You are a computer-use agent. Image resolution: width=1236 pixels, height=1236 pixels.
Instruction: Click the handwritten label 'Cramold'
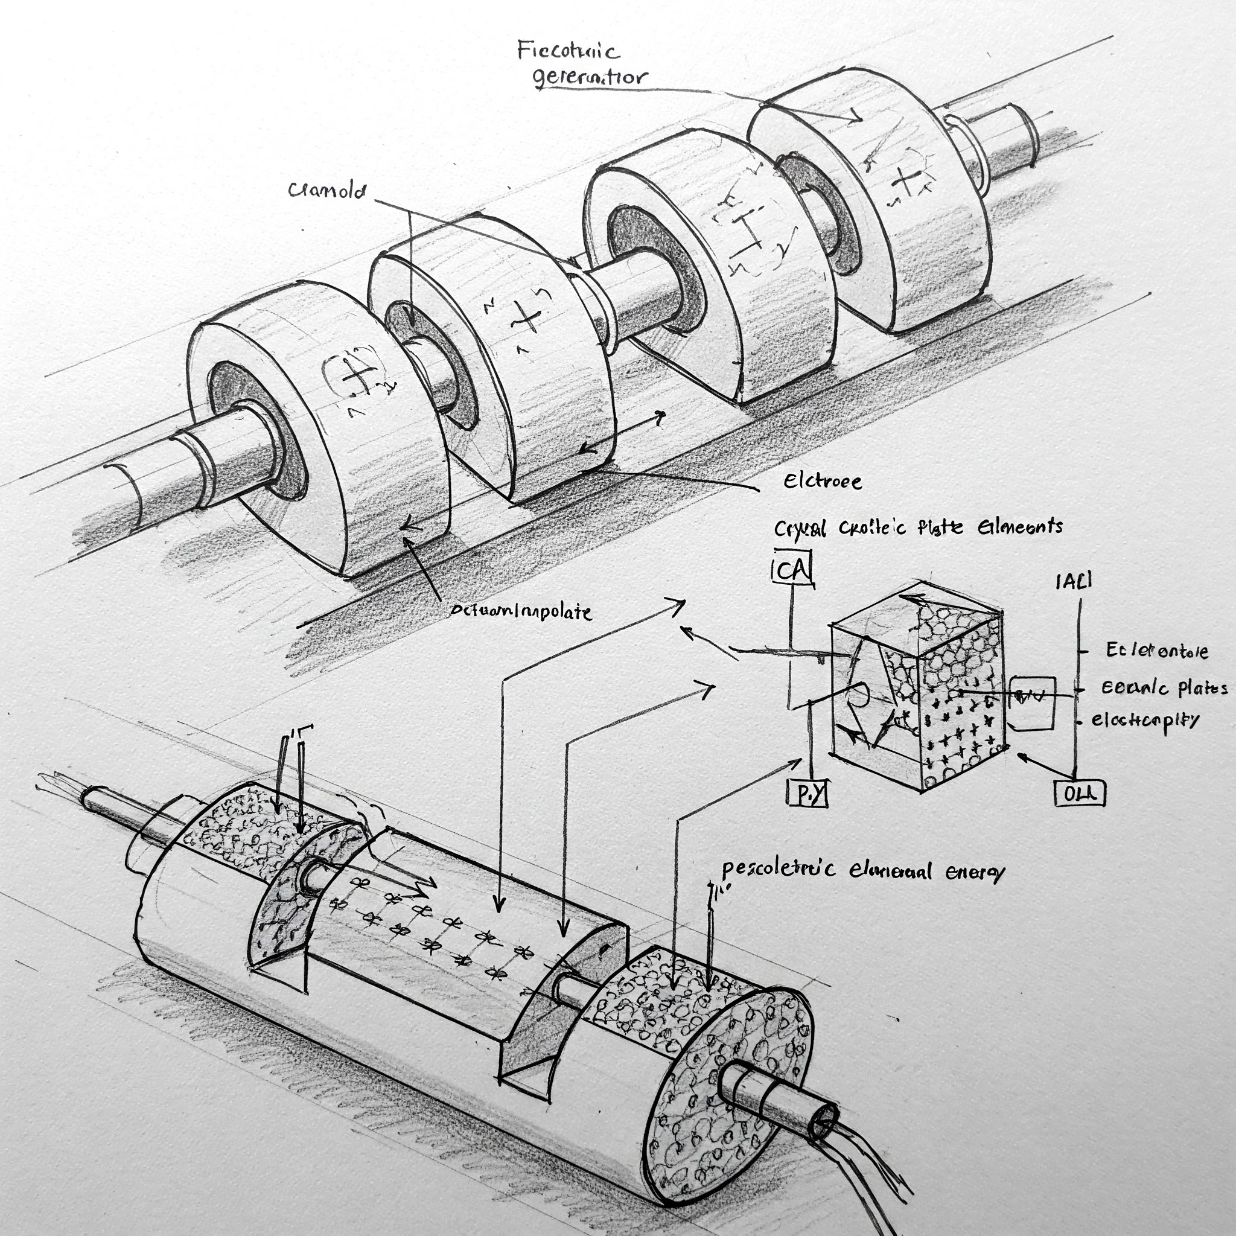tap(327, 190)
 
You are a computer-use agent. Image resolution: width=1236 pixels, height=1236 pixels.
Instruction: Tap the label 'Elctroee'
tap(822, 481)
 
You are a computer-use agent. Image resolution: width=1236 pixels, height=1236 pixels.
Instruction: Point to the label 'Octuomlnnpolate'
tap(520, 611)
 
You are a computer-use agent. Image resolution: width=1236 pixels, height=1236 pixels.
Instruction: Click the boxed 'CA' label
tap(792, 569)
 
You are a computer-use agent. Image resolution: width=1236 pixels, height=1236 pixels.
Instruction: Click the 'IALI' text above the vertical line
tap(1074, 581)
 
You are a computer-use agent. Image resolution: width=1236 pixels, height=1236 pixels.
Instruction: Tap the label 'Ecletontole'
tap(1157, 651)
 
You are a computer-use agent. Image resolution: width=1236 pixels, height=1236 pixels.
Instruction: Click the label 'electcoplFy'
tap(1145, 720)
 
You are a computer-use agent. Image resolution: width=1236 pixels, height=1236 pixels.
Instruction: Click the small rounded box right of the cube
tap(1032, 702)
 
